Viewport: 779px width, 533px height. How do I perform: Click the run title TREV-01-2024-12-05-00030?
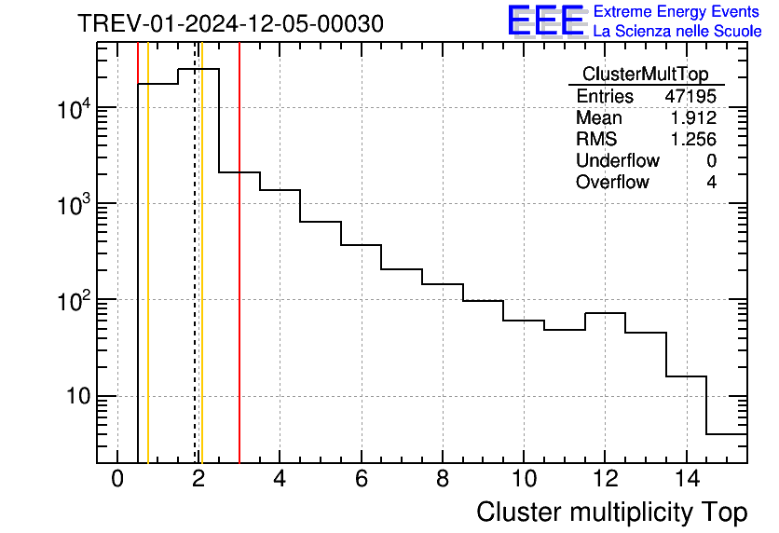click(230, 24)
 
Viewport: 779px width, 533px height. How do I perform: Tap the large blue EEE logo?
click(545, 20)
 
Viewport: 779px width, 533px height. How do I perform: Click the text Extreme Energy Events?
click(676, 12)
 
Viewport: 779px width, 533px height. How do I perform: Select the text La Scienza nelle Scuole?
click(676, 32)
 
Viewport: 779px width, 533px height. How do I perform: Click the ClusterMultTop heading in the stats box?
click(645, 75)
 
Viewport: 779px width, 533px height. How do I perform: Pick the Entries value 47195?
click(690, 97)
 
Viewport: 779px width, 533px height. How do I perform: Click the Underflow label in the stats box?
click(617, 161)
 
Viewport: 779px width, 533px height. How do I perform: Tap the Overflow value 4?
click(711, 183)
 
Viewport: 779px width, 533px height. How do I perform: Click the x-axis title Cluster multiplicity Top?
click(611, 512)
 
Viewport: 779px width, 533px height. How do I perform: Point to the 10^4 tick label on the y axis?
click(74, 109)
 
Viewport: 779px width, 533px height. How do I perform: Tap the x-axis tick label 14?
click(686, 481)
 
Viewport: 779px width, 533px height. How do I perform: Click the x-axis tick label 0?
click(117, 481)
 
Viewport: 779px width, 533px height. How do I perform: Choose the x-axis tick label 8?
click(443, 481)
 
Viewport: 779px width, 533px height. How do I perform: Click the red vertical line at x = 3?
click(239, 280)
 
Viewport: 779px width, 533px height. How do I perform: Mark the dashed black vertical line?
click(195, 280)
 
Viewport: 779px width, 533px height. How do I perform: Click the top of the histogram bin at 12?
click(605, 313)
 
